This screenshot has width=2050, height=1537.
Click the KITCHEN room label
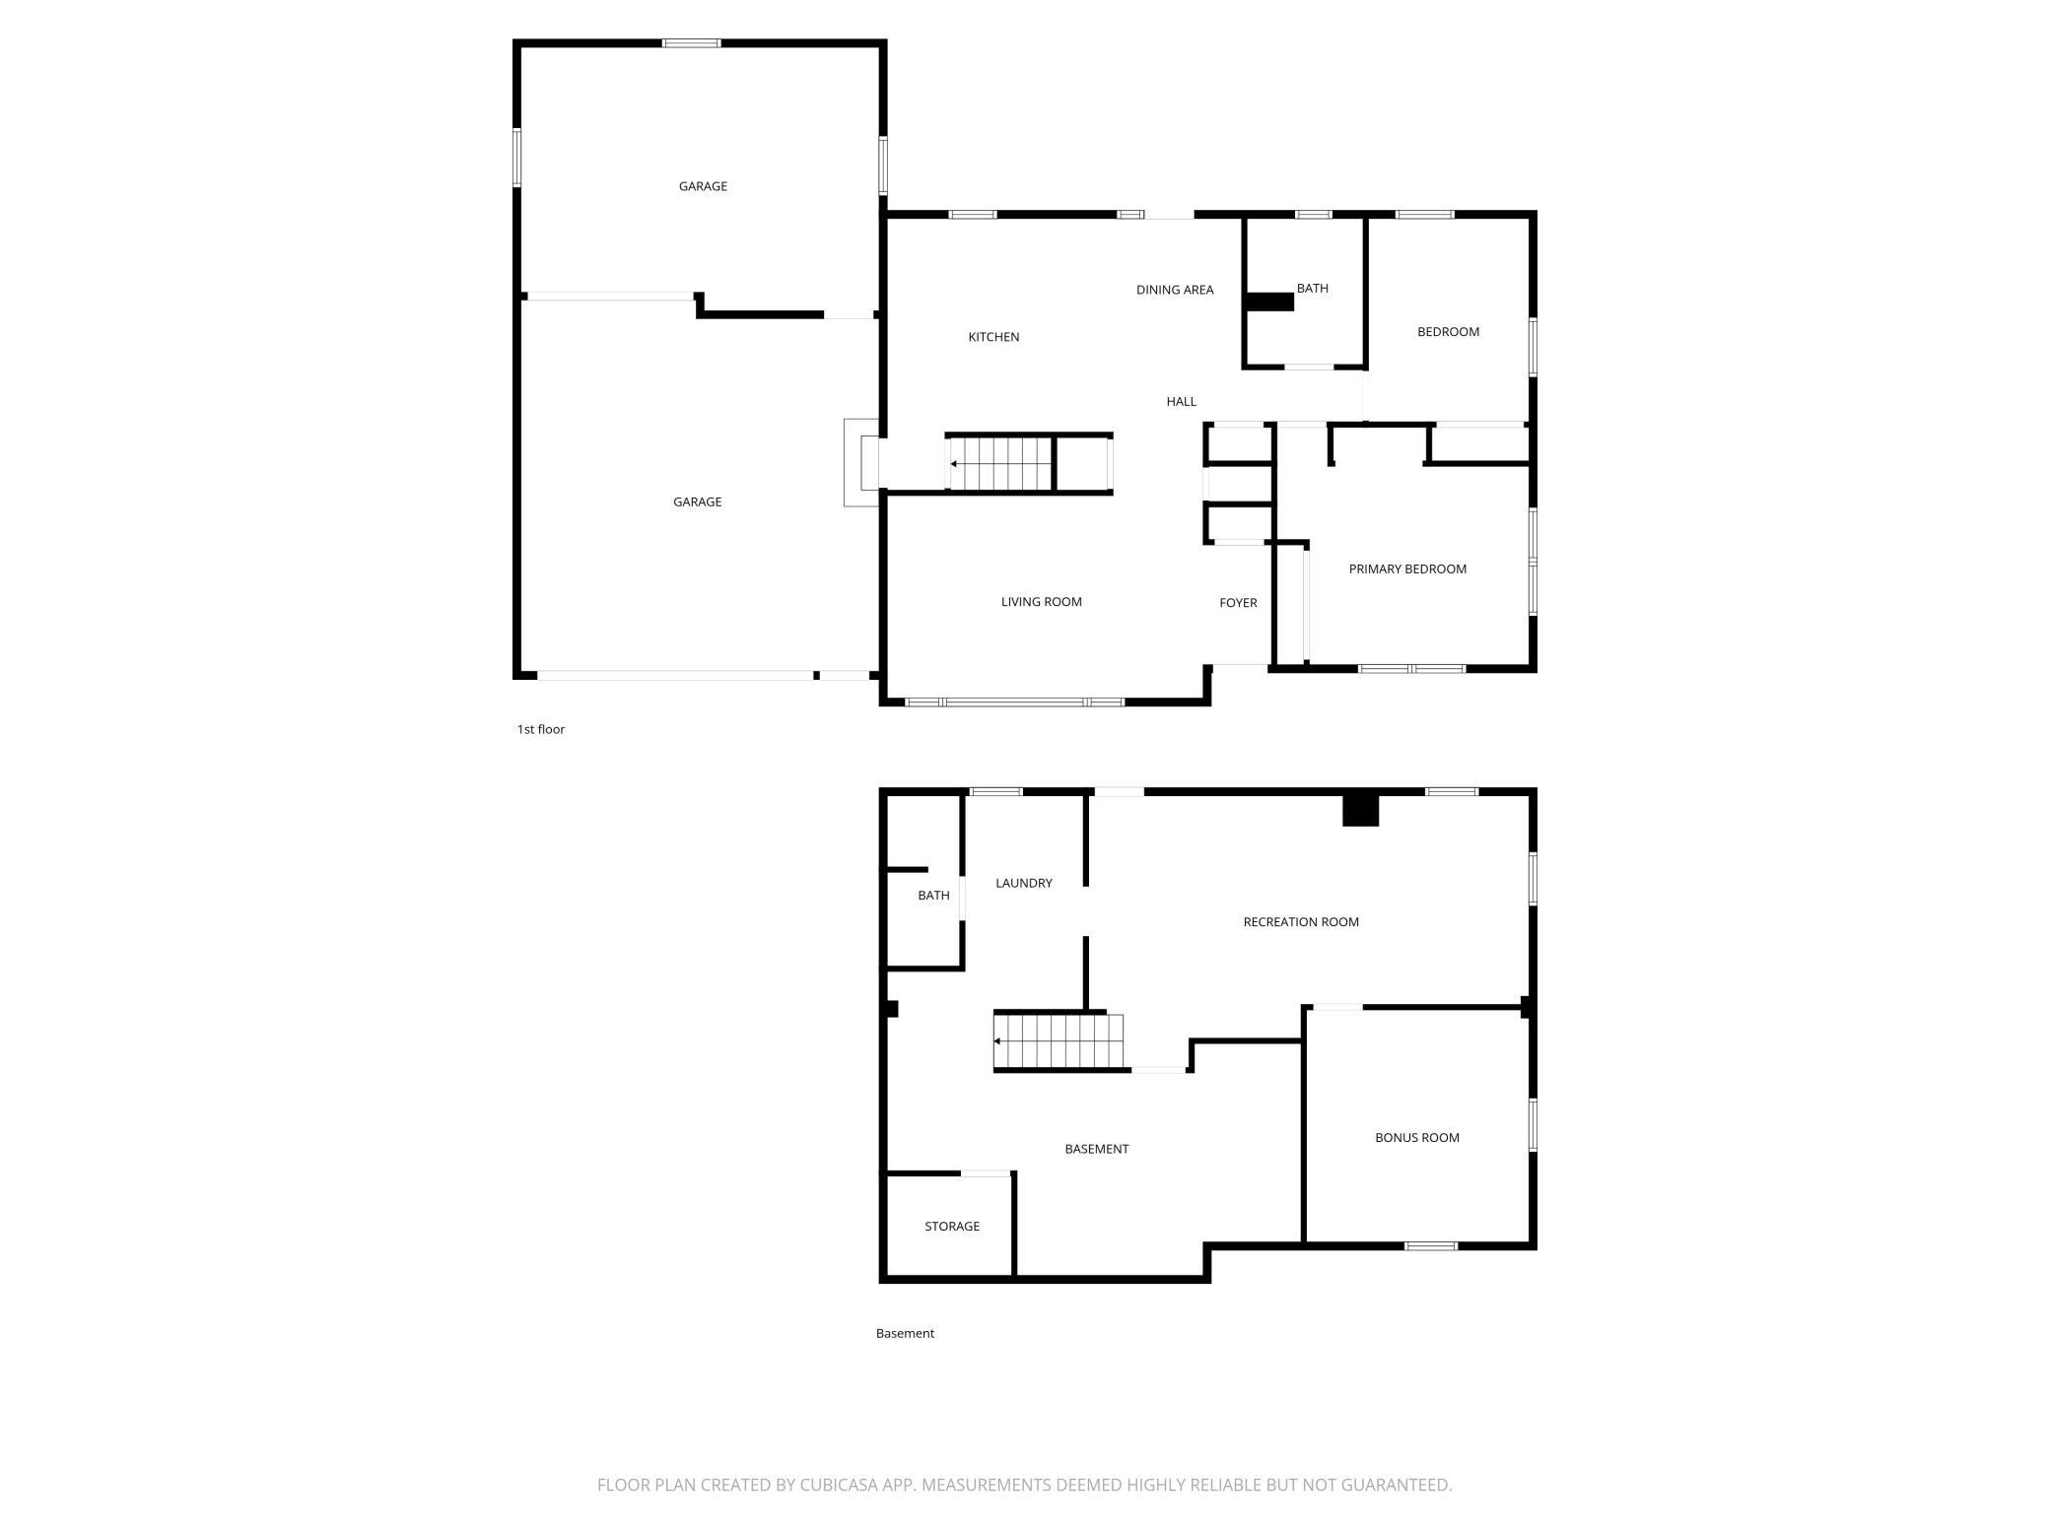tap(993, 337)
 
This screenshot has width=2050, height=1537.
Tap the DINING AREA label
tap(1175, 290)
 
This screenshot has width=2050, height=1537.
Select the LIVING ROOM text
tap(1042, 602)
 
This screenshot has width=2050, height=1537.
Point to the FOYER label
tap(1239, 603)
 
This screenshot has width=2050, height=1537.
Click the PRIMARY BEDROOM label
tap(1407, 568)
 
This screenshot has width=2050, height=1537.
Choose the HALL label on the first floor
tap(1182, 401)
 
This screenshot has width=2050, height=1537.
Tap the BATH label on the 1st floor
tap(1313, 288)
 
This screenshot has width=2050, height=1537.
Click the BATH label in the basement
tap(933, 896)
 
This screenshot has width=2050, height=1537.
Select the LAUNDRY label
tap(1024, 883)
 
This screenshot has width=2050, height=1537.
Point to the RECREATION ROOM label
tap(1301, 922)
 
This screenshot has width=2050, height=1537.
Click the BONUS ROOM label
tap(1417, 1138)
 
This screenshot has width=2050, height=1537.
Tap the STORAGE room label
tap(952, 1227)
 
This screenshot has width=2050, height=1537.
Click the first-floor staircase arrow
tap(1001, 464)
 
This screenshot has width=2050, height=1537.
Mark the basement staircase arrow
tap(1058, 1041)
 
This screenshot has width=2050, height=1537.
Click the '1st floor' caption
tap(541, 729)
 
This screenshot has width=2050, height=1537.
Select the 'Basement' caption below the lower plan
tap(905, 1333)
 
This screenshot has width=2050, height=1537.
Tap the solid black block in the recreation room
tap(1361, 810)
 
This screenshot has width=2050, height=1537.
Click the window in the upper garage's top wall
tap(691, 43)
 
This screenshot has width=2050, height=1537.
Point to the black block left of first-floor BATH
tap(1270, 301)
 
